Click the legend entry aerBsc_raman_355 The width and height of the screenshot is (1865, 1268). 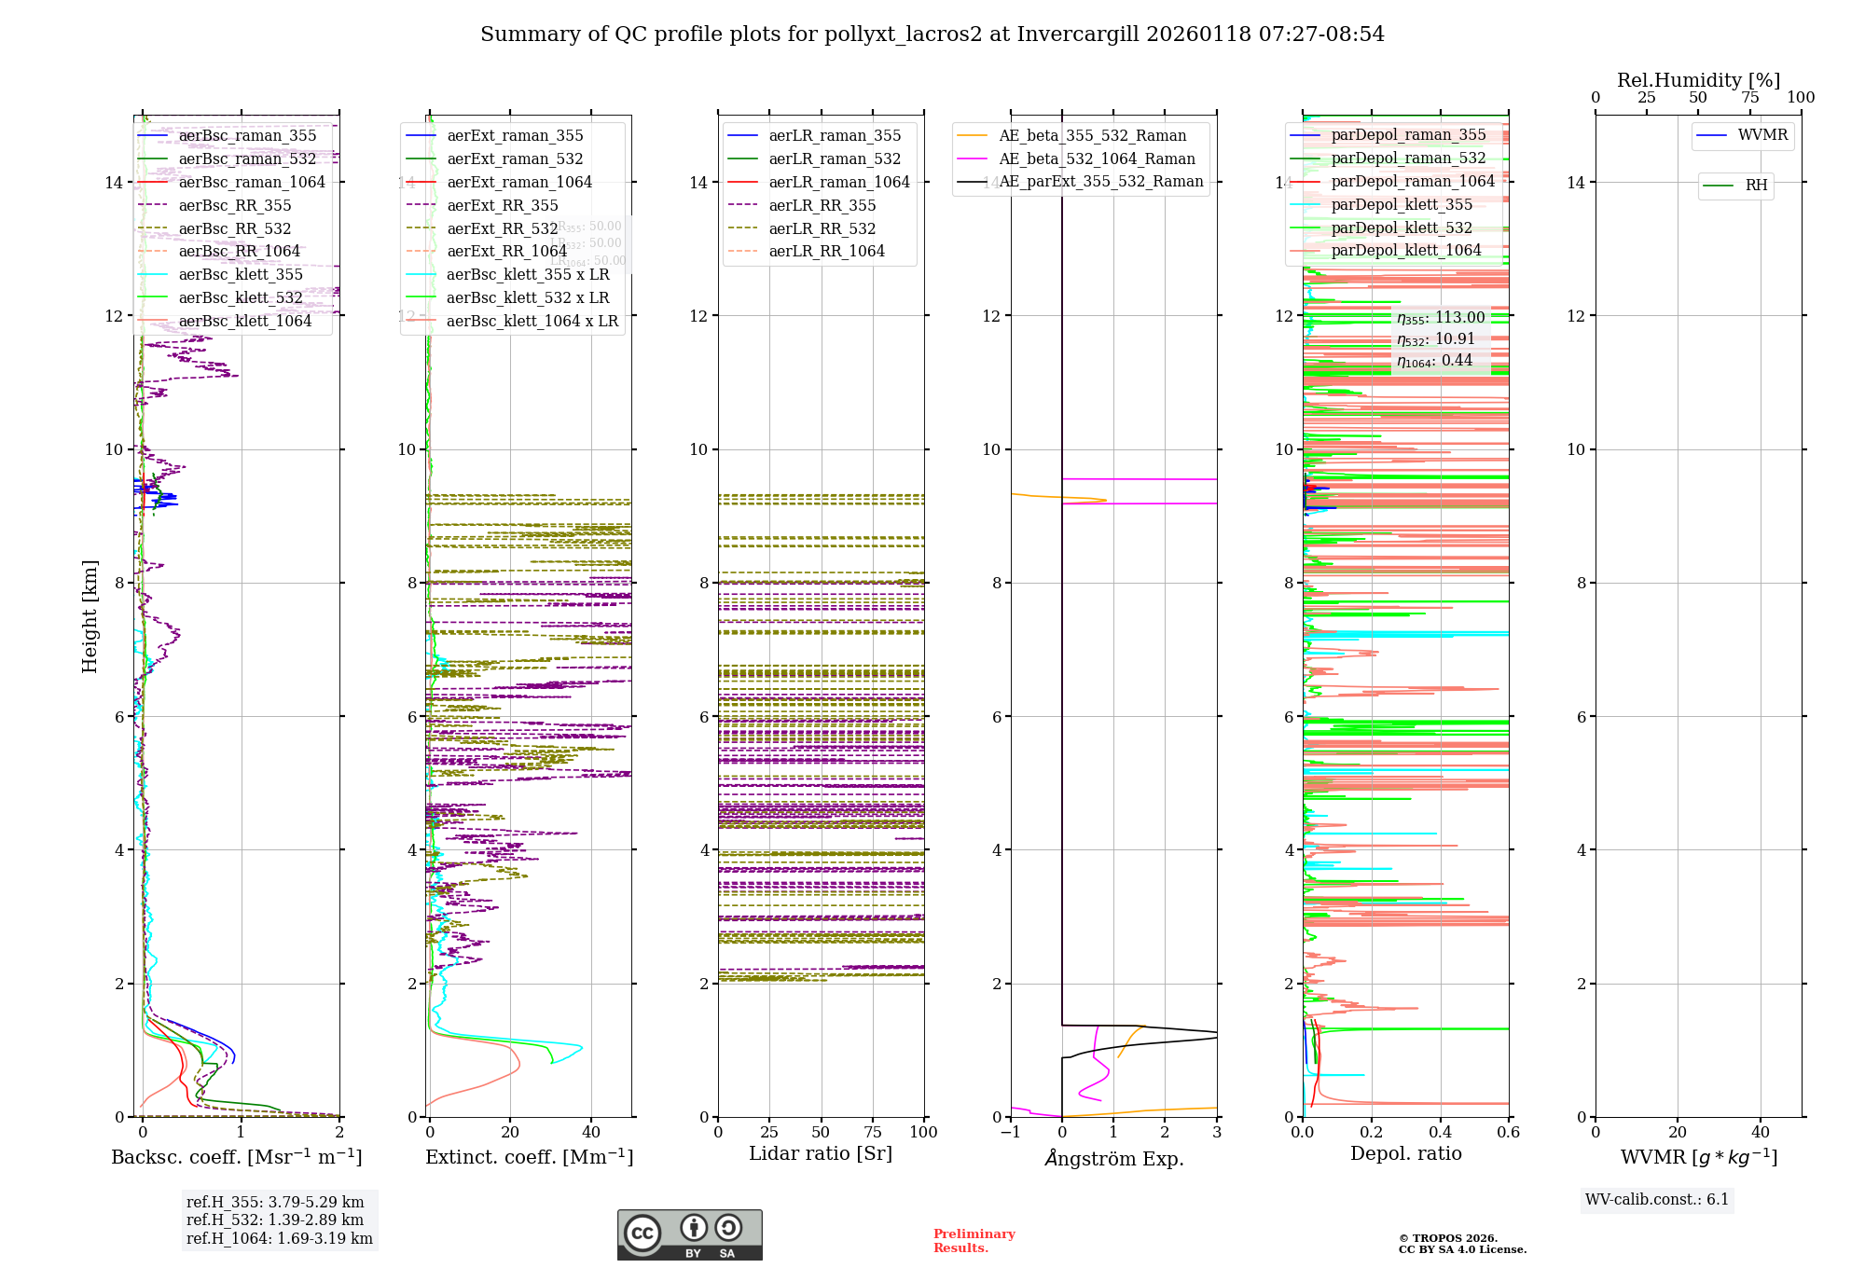247,136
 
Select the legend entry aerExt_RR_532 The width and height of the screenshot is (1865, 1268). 502,228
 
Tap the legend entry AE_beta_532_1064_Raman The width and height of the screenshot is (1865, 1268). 1097,159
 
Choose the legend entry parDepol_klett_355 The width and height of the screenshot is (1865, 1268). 1402,205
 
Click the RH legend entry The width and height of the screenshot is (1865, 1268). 1756,186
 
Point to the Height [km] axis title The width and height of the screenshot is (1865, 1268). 90,616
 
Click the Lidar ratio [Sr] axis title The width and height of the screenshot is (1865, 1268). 821,1154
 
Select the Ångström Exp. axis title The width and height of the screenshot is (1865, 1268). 1114,1159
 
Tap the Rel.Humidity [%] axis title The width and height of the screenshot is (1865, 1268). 1698,80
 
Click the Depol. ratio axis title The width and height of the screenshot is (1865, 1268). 1406,1154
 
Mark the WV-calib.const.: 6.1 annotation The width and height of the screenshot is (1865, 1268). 1657,1200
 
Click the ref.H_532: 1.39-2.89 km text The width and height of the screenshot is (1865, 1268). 275,1220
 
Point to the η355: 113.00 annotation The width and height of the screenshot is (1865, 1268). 1441,318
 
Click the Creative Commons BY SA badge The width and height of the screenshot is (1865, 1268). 689,1235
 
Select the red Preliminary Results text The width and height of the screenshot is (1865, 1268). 974,1241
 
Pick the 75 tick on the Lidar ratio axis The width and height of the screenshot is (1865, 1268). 873,1133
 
